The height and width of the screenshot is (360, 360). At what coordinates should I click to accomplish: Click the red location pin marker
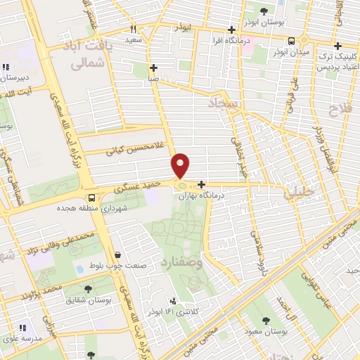click(x=181, y=165)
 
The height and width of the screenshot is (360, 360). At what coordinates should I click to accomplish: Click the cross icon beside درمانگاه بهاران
click(x=201, y=184)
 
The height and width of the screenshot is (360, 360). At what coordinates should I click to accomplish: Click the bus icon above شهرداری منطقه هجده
click(x=91, y=197)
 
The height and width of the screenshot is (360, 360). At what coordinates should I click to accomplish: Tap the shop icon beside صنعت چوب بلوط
click(x=117, y=255)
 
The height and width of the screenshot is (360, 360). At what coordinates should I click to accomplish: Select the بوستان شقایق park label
click(x=89, y=299)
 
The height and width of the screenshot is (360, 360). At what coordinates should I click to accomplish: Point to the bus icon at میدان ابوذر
click(x=292, y=41)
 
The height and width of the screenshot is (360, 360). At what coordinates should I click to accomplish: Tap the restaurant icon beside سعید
click(x=133, y=30)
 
